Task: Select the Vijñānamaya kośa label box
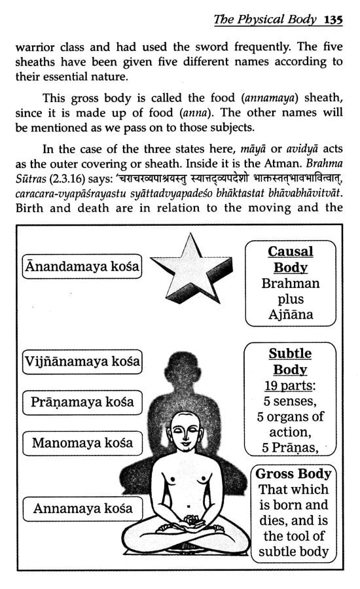coord(82,361)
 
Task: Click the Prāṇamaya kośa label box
coord(82,401)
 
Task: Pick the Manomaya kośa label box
coord(82,443)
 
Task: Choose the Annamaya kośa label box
coord(82,508)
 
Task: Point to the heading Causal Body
coord(291,260)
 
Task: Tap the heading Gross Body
coord(293,474)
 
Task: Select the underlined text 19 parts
coord(290,385)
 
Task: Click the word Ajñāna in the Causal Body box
coord(291,314)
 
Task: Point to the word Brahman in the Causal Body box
coord(291,284)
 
